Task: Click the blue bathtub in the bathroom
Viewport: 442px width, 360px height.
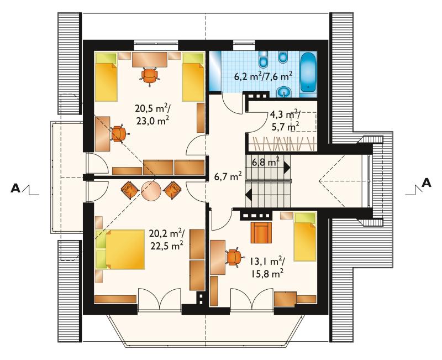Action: point(308,72)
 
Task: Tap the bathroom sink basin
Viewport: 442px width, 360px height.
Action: point(283,91)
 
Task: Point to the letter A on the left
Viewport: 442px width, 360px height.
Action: point(15,188)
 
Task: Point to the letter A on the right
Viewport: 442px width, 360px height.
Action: point(427,183)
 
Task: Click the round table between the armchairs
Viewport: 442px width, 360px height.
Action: point(151,190)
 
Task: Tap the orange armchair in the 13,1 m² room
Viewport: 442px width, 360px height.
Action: point(261,232)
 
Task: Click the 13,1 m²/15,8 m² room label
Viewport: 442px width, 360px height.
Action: point(266,268)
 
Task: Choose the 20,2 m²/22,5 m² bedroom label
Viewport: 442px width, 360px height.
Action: point(167,239)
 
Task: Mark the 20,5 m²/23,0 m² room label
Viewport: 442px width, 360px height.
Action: point(152,114)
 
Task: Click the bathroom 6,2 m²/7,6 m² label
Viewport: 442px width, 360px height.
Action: point(263,76)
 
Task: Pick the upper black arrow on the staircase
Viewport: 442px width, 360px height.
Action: point(287,168)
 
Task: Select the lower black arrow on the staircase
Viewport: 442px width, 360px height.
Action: point(249,195)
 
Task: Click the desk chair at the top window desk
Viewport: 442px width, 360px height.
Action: point(149,76)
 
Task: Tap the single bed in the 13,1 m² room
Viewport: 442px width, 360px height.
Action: point(305,237)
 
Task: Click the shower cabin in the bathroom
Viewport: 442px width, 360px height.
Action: point(215,71)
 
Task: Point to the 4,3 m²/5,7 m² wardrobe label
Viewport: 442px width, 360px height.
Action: point(285,121)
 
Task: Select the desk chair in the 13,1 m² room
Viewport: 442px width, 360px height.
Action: point(234,257)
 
